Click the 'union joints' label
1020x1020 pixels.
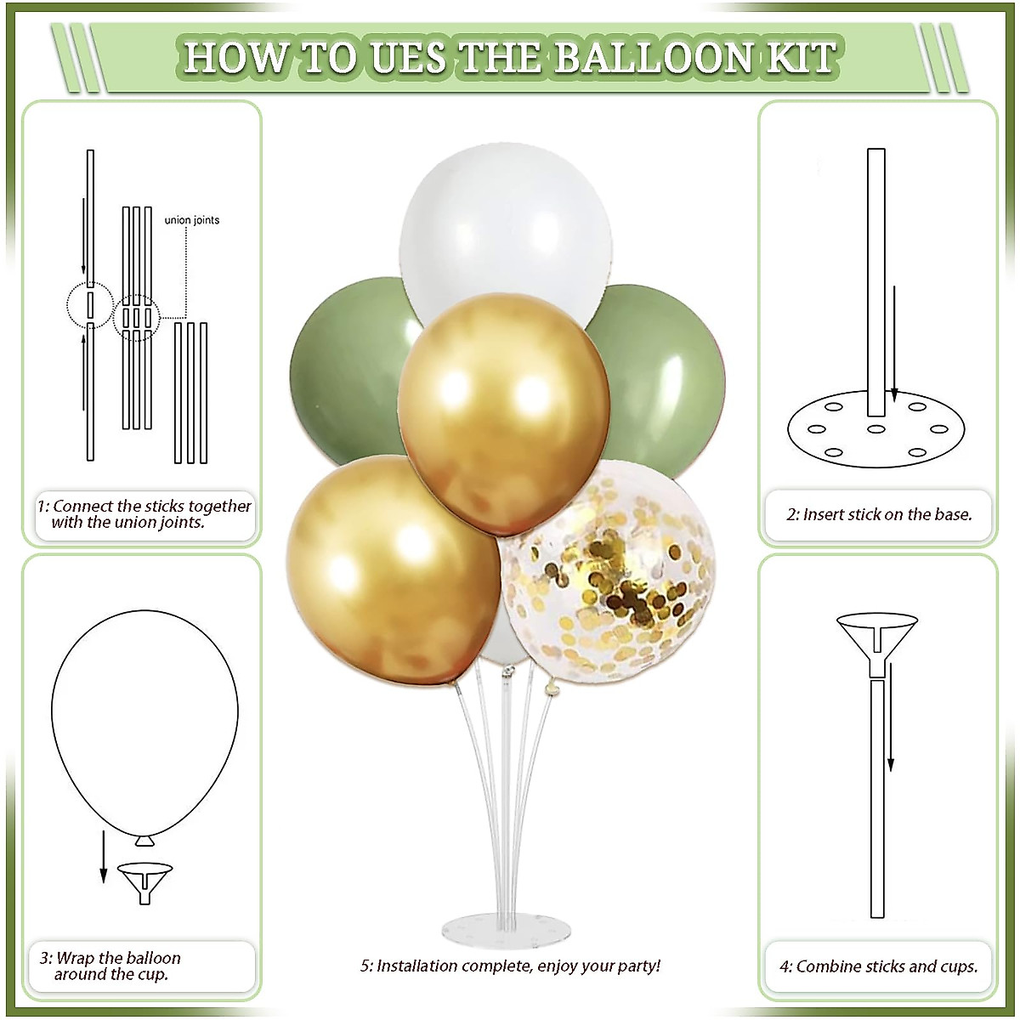pos(192,220)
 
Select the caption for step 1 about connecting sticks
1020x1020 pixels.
pos(143,514)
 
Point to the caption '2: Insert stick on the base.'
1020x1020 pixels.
pos(879,514)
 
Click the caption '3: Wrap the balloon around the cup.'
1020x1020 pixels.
pos(110,966)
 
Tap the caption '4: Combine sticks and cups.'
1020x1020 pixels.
pos(879,966)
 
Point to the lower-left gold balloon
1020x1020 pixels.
pos(391,569)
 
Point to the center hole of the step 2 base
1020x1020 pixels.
pos(875,429)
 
